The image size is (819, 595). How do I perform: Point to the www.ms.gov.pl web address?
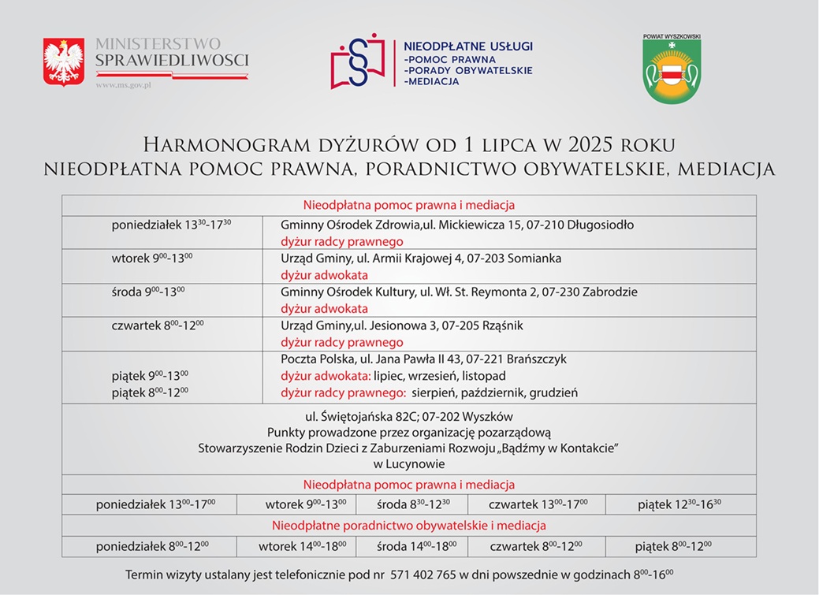[x=123, y=84]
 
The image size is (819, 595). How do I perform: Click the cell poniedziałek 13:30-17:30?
[x=171, y=225]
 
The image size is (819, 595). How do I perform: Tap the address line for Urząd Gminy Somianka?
[x=421, y=258]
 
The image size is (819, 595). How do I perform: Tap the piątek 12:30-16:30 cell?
[x=679, y=504]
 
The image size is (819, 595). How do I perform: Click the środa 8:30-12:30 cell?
[x=412, y=504]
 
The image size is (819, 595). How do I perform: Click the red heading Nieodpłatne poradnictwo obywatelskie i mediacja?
[x=408, y=525]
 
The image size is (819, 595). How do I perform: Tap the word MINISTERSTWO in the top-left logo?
[x=158, y=44]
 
